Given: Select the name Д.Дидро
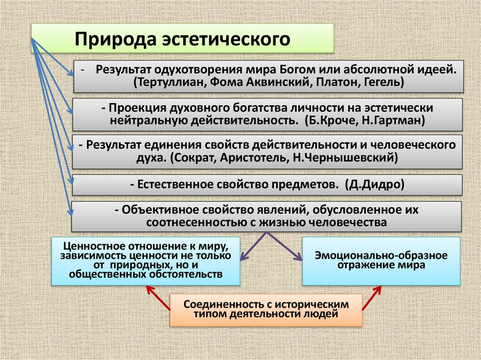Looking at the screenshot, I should click(374, 184).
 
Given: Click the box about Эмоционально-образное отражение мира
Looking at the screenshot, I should click(381, 261).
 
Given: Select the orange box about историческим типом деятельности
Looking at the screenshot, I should click(266, 310).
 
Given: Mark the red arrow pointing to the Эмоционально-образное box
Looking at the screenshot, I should click(371, 299).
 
